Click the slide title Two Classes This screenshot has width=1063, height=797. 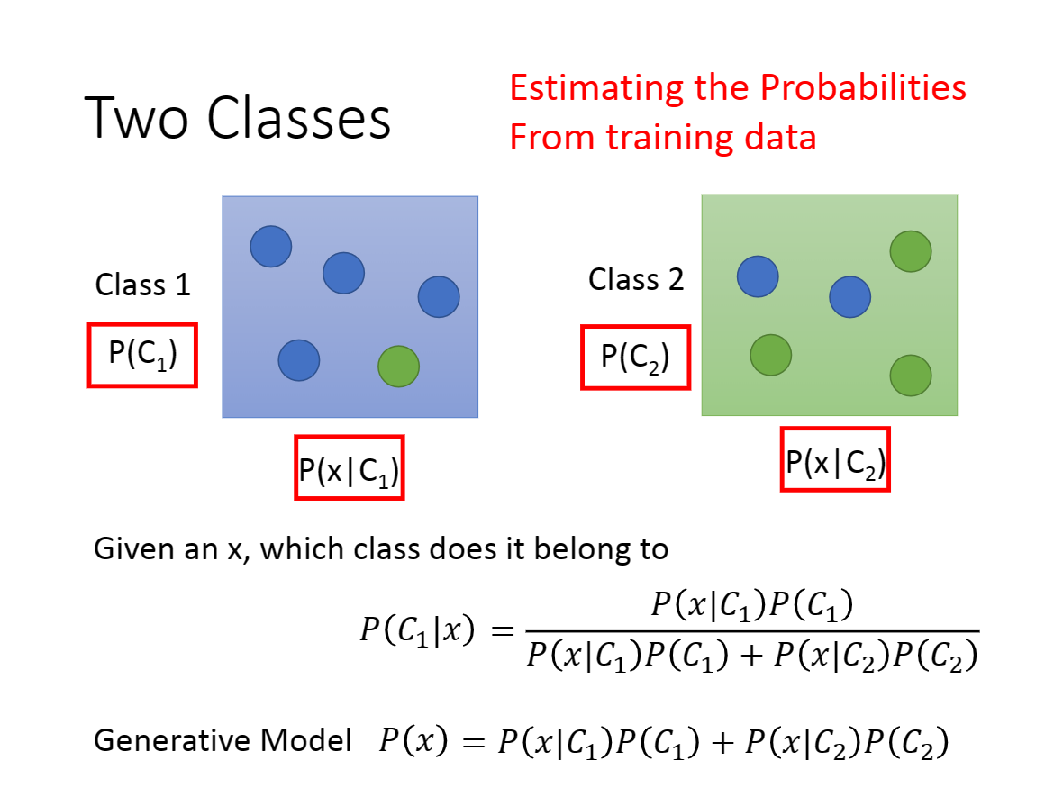point(237,118)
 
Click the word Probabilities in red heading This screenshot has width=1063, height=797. point(863,87)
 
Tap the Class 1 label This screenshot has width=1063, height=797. point(143,285)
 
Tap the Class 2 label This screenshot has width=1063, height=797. point(636,279)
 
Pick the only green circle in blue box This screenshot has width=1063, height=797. point(398,367)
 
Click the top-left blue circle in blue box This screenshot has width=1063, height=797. point(271,247)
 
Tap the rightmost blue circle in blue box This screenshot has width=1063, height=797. point(439,297)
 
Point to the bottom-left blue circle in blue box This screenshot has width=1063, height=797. point(299,360)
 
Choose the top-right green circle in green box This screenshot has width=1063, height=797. point(911,251)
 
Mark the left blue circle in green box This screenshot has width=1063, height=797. point(758,276)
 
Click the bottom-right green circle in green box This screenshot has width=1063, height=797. point(911,376)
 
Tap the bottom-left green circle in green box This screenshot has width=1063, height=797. point(771,355)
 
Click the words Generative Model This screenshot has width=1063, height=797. point(223,740)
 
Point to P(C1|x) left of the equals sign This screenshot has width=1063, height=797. point(418,630)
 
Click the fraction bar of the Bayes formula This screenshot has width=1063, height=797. point(752,631)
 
